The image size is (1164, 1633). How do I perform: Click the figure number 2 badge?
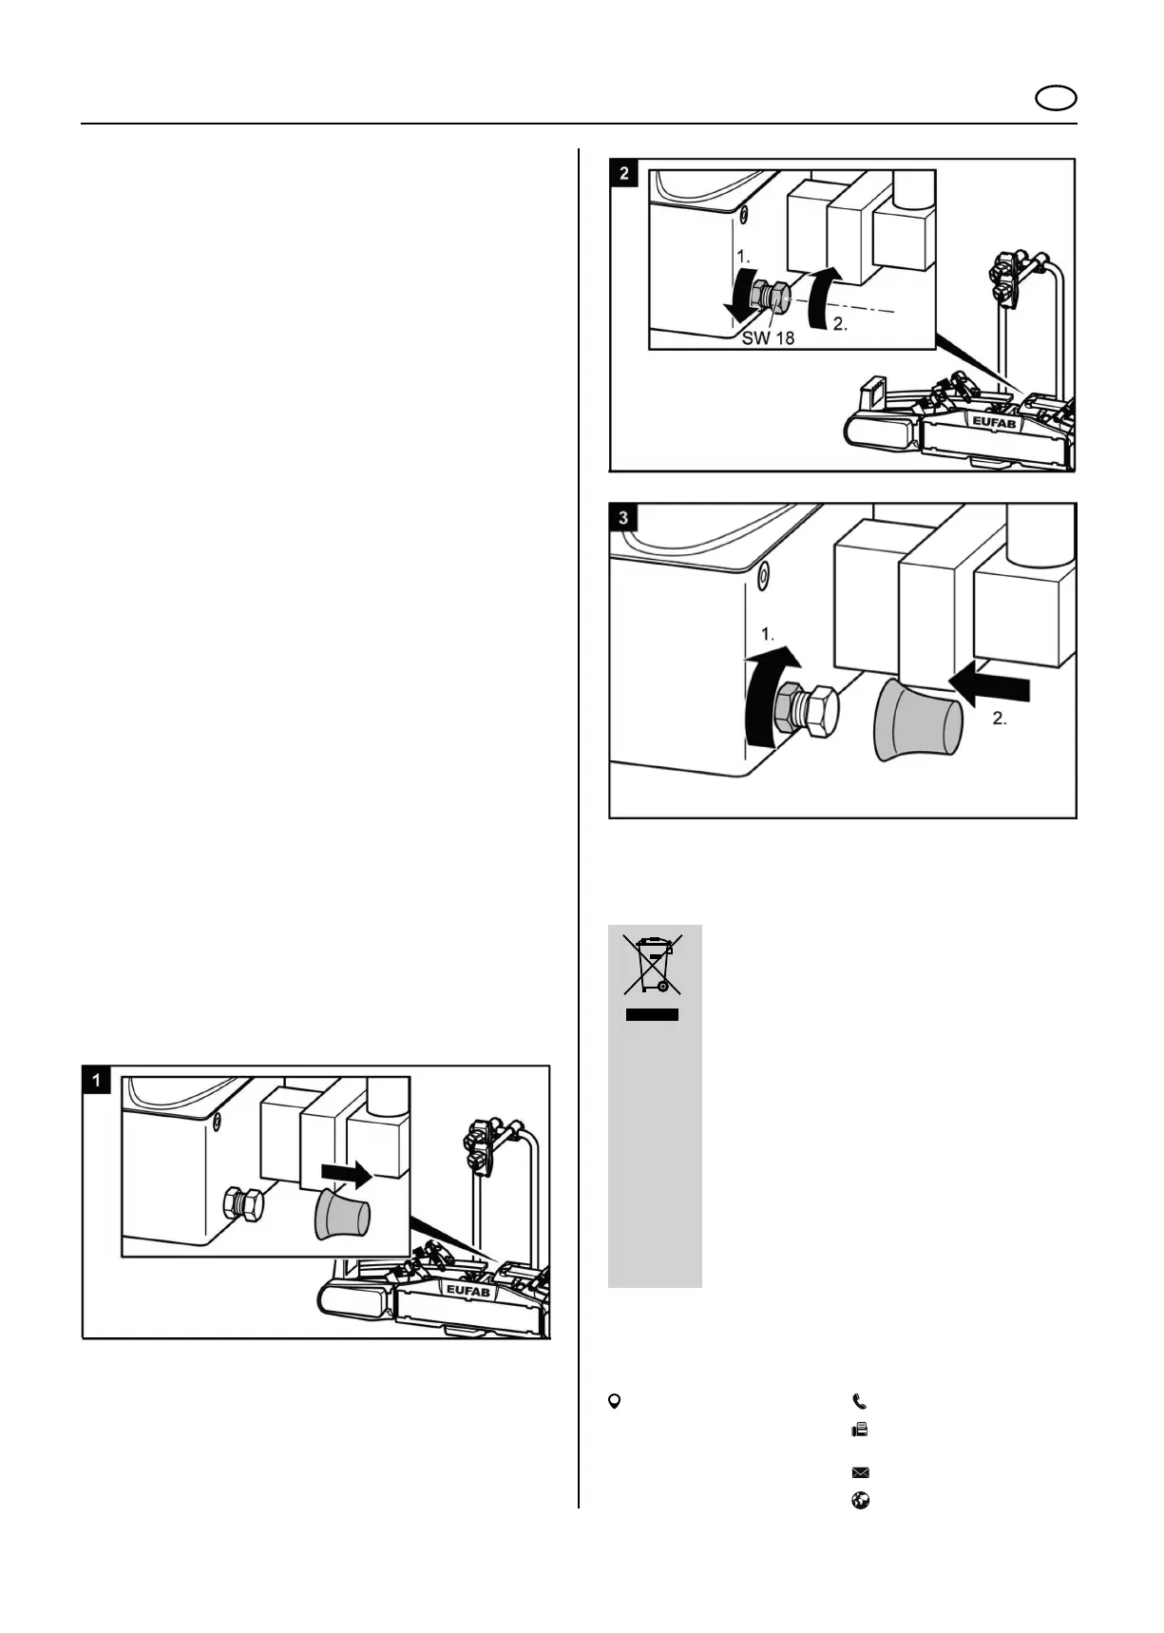[623, 173]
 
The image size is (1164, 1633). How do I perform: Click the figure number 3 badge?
[623, 518]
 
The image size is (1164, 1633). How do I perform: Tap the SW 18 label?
[768, 337]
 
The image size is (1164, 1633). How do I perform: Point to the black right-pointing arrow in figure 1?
[346, 1175]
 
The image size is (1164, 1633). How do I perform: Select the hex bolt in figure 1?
[243, 1204]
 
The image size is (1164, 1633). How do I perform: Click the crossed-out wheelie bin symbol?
[653, 965]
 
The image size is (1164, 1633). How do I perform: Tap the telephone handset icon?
[860, 1401]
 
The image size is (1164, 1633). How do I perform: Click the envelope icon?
[860, 1473]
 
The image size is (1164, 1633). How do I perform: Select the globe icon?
[860, 1502]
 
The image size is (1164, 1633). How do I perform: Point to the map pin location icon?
[615, 1401]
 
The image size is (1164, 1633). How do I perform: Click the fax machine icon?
[860, 1430]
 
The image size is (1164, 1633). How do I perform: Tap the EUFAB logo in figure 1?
[468, 1290]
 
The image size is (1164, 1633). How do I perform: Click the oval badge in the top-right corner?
[1055, 99]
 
